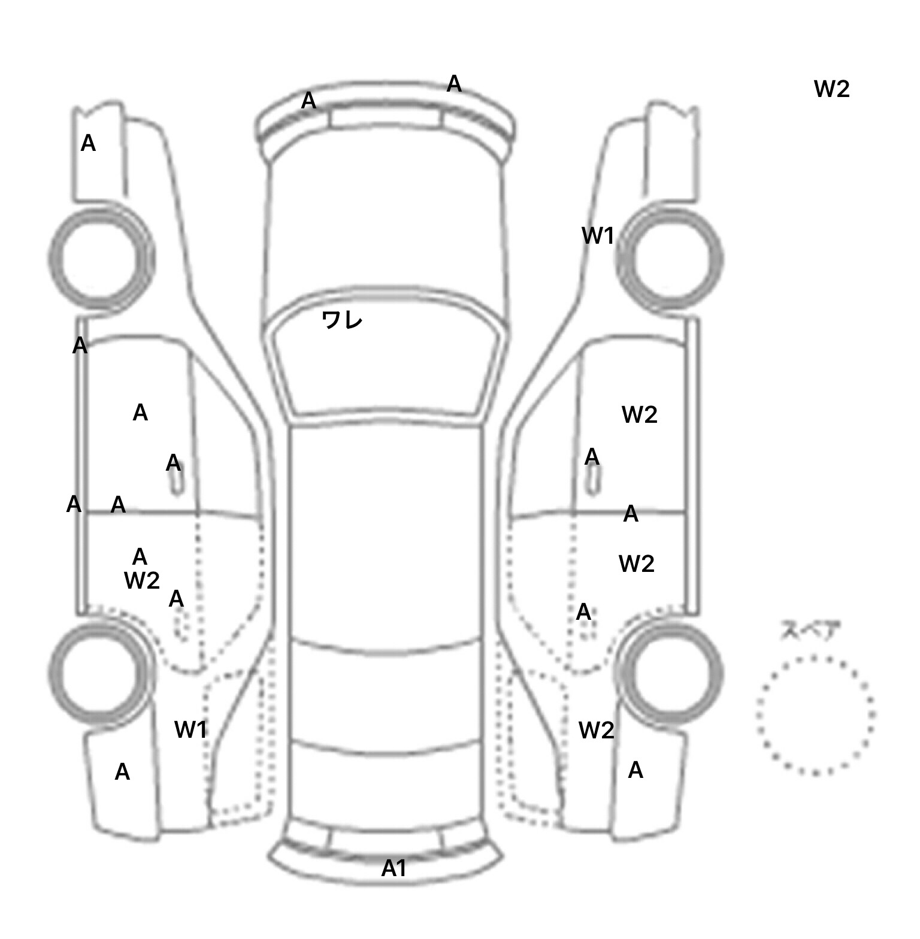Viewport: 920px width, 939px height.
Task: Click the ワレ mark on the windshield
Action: (342, 320)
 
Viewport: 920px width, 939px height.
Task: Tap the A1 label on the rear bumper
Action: (394, 868)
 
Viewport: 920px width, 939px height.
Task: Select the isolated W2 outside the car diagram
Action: (832, 89)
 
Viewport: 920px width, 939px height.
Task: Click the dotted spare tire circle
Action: (815, 715)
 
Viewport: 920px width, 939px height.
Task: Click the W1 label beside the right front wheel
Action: (598, 236)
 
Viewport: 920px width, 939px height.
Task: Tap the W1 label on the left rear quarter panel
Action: (190, 729)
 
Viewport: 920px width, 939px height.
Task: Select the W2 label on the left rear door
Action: (142, 580)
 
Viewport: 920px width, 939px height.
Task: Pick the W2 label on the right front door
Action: (640, 414)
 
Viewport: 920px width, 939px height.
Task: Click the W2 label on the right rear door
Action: (636, 564)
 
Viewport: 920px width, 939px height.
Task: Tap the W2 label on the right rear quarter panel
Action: (596, 730)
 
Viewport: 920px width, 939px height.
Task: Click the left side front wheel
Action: (101, 259)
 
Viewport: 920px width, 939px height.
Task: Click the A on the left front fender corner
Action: (88, 143)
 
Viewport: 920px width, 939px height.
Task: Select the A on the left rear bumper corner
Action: (122, 772)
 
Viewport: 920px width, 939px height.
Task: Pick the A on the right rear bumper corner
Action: (635, 770)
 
